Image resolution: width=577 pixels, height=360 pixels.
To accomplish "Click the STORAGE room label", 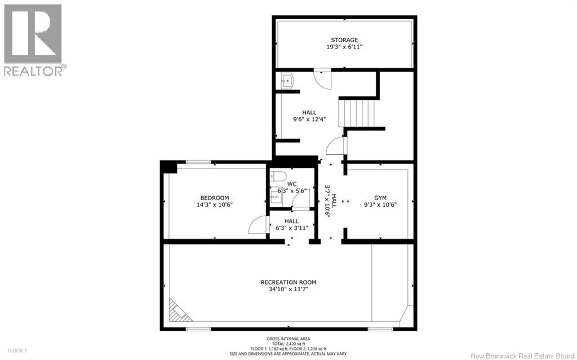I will (344, 40).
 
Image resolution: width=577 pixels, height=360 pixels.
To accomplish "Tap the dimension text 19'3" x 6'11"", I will (344, 47).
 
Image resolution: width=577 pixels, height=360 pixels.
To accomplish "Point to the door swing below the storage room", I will (323, 78).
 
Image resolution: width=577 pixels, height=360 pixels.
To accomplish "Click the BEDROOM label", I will (215, 197).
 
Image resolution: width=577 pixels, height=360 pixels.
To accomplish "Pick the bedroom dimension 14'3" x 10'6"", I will (215, 205).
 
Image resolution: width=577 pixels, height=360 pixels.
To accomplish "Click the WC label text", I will (292, 184).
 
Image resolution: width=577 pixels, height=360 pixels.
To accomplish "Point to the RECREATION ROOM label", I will (288, 282).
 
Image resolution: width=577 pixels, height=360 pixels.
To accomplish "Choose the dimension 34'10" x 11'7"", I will (288, 290).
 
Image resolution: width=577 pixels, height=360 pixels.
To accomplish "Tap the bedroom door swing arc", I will (256, 225).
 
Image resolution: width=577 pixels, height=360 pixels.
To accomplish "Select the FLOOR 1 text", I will (12, 351).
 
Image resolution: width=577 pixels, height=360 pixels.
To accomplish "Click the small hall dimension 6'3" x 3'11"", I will (291, 228).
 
